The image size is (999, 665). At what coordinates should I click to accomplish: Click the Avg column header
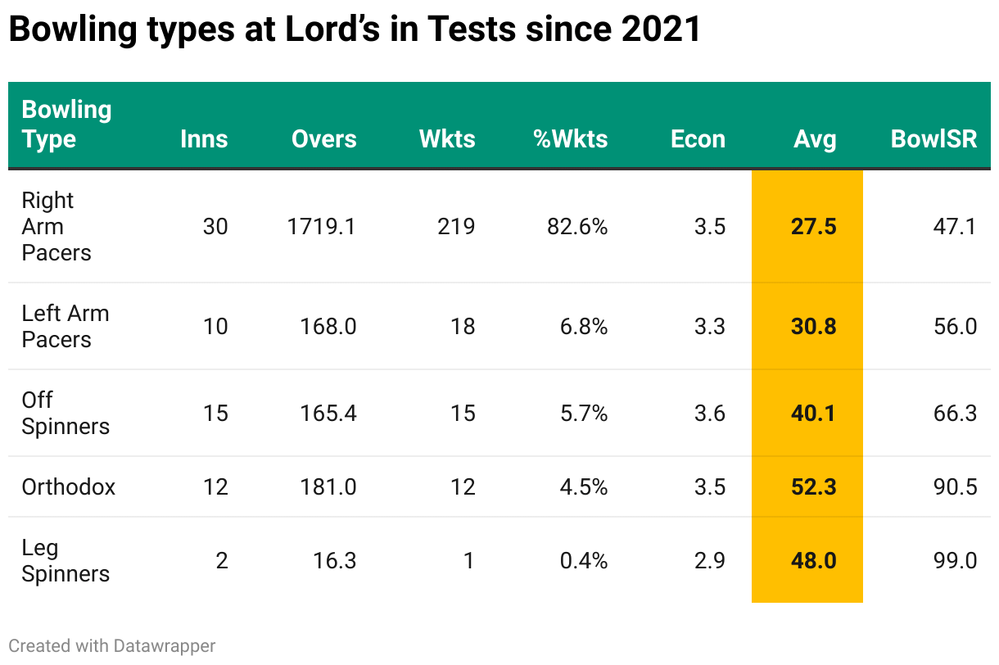tap(814, 139)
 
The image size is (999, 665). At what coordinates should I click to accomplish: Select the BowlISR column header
tap(933, 139)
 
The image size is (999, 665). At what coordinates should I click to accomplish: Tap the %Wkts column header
tap(571, 139)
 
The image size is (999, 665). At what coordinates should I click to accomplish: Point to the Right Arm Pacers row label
tap(56, 226)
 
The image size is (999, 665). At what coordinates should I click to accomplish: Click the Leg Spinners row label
tap(65, 561)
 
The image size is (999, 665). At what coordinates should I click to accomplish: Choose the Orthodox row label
tap(68, 487)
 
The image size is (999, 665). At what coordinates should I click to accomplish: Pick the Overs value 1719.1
tap(321, 227)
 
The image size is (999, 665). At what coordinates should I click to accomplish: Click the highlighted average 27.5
tap(813, 227)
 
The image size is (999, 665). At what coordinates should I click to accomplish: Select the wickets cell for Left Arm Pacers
tap(462, 327)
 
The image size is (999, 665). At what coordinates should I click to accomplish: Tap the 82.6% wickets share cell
tap(577, 227)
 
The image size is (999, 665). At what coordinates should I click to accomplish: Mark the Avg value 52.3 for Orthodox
tap(813, 487)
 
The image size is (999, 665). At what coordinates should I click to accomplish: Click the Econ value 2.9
tap(709, 561)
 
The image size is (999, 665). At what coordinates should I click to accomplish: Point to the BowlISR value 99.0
tap(955, 561)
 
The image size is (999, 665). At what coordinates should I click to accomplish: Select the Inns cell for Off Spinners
tap(215, 414)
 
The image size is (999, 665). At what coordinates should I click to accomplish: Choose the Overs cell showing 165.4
tap(328, 414)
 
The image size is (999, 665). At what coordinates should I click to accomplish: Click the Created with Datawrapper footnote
tap(112, 646)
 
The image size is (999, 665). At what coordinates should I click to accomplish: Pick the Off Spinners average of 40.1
tap(813, 414)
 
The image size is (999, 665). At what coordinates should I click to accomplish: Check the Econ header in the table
tap(698, 139)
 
